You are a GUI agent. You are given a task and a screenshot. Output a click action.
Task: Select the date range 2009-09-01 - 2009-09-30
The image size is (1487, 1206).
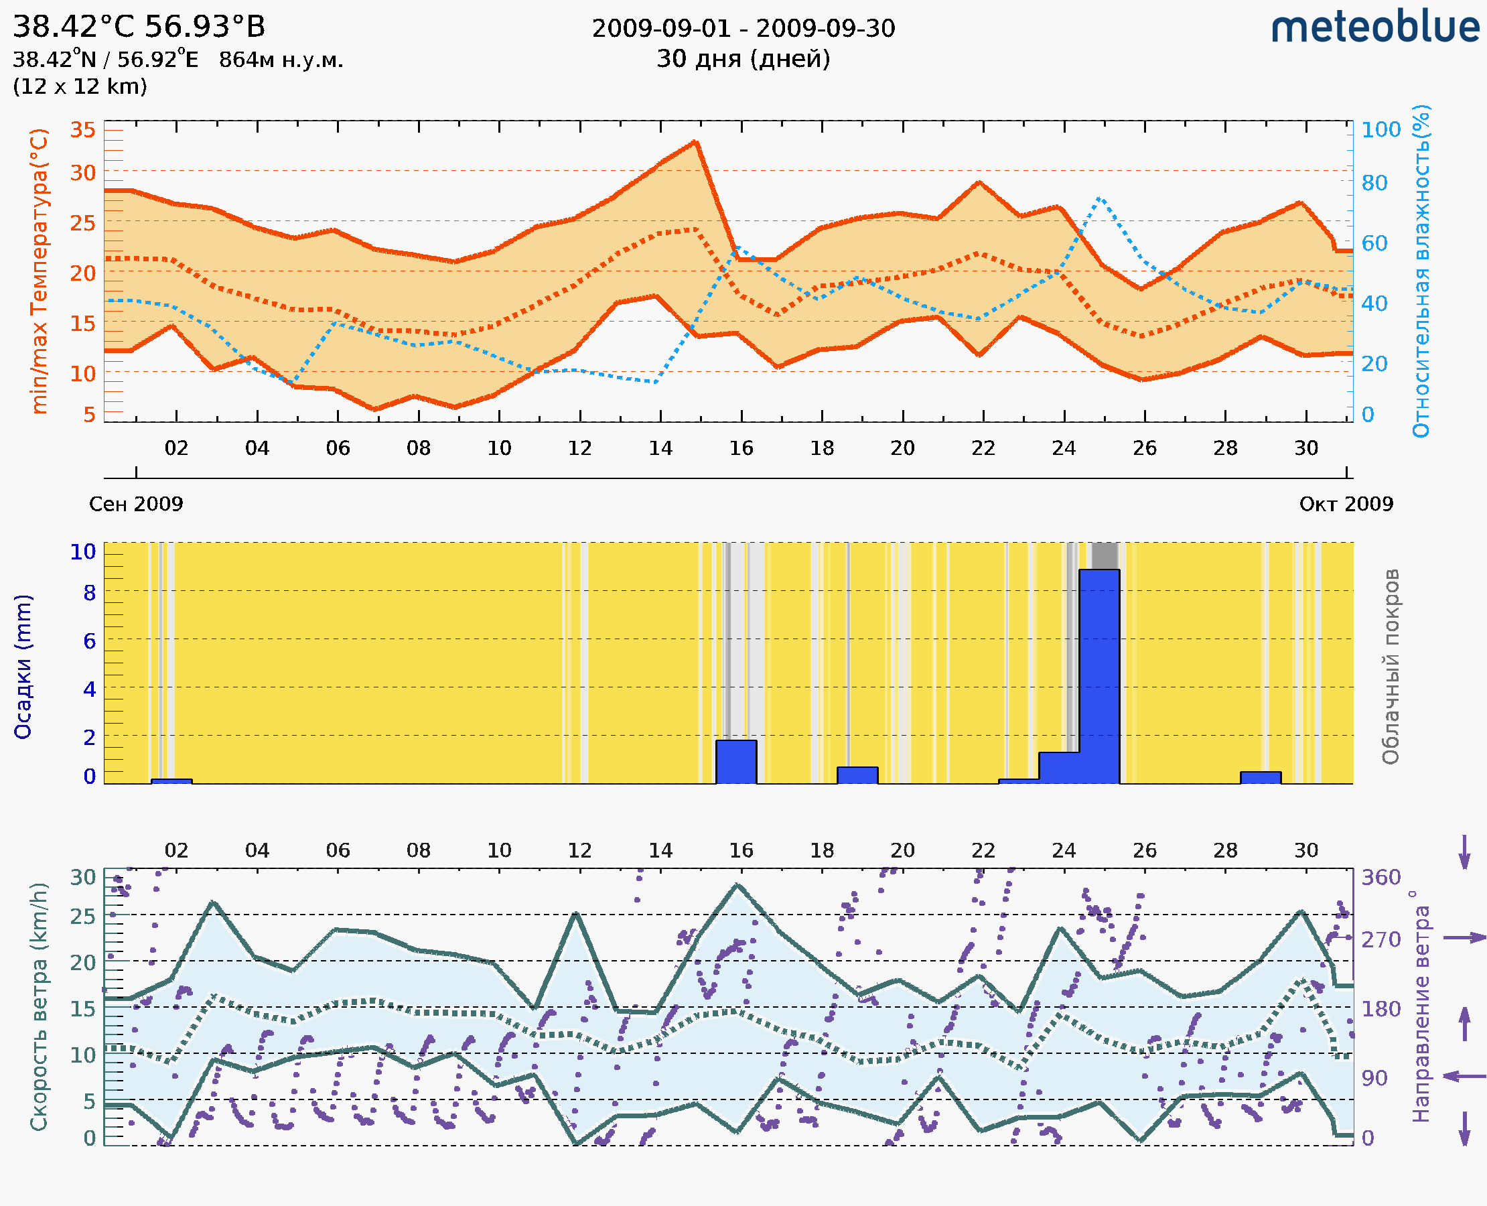coord(743,29)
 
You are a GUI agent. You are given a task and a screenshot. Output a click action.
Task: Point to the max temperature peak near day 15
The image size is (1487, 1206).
coord(695,143)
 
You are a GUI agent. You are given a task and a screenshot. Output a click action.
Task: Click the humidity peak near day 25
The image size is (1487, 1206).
coord(1099,199)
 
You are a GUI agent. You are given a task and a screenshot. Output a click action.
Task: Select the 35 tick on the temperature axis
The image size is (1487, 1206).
coord(82,130)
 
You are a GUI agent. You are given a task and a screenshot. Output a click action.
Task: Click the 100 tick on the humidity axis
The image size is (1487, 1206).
coord(1380,130)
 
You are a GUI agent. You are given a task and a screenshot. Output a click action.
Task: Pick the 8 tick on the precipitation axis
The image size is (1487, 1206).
coord(89,592)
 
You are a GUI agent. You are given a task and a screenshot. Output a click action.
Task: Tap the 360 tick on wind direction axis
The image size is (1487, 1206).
coord(1380,878)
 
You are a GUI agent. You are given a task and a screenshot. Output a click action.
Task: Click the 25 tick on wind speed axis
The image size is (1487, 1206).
coord(82,917)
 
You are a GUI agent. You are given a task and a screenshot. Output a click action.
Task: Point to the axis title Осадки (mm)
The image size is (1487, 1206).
coord(23,666)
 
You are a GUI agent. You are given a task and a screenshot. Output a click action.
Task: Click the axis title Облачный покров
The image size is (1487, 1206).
coord(1391,666)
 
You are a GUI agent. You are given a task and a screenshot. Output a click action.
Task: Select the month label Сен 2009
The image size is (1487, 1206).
coord(136,504)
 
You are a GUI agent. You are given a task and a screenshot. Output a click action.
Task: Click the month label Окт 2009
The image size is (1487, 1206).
coord(1346,504)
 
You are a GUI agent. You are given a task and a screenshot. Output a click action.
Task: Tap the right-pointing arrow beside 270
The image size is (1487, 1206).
coord(1464,938)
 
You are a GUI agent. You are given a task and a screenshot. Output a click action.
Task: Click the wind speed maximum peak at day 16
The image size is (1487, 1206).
coord(737,886)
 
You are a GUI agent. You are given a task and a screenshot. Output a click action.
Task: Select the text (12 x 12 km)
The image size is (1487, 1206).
coord(80,86)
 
